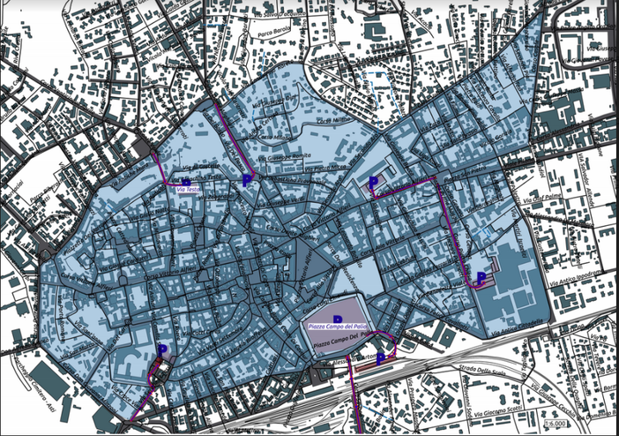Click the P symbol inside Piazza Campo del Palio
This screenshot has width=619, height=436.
[x=337, y=319]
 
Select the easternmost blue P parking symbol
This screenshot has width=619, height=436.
[x=481, y=277]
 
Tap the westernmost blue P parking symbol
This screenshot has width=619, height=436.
[x=162, y=350]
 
